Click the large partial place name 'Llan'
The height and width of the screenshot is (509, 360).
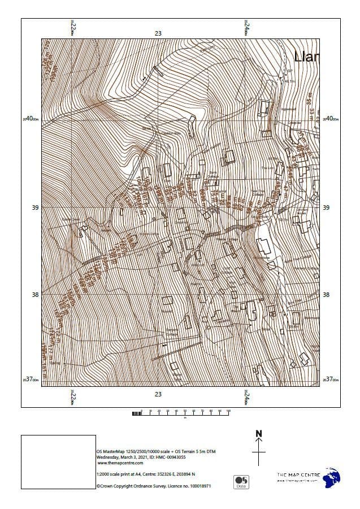[306, 56]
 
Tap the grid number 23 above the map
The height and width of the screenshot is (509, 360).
[158, 33]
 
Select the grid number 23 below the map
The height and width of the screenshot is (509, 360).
[158, 394]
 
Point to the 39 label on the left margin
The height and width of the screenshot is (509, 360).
[35, 208]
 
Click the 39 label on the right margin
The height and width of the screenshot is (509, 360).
[326, 208]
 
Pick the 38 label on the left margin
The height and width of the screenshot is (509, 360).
[35, 295]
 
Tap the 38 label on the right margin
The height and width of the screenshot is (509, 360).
[326, 295]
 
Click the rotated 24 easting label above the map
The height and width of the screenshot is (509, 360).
[246, 27]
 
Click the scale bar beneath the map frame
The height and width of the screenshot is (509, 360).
[181, 413]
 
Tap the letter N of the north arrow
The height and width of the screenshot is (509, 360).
[259, 434]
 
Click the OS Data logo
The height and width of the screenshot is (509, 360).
[241, 482]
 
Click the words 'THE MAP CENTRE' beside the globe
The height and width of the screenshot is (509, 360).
[298, 475]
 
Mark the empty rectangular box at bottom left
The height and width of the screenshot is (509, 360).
[58, 461]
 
